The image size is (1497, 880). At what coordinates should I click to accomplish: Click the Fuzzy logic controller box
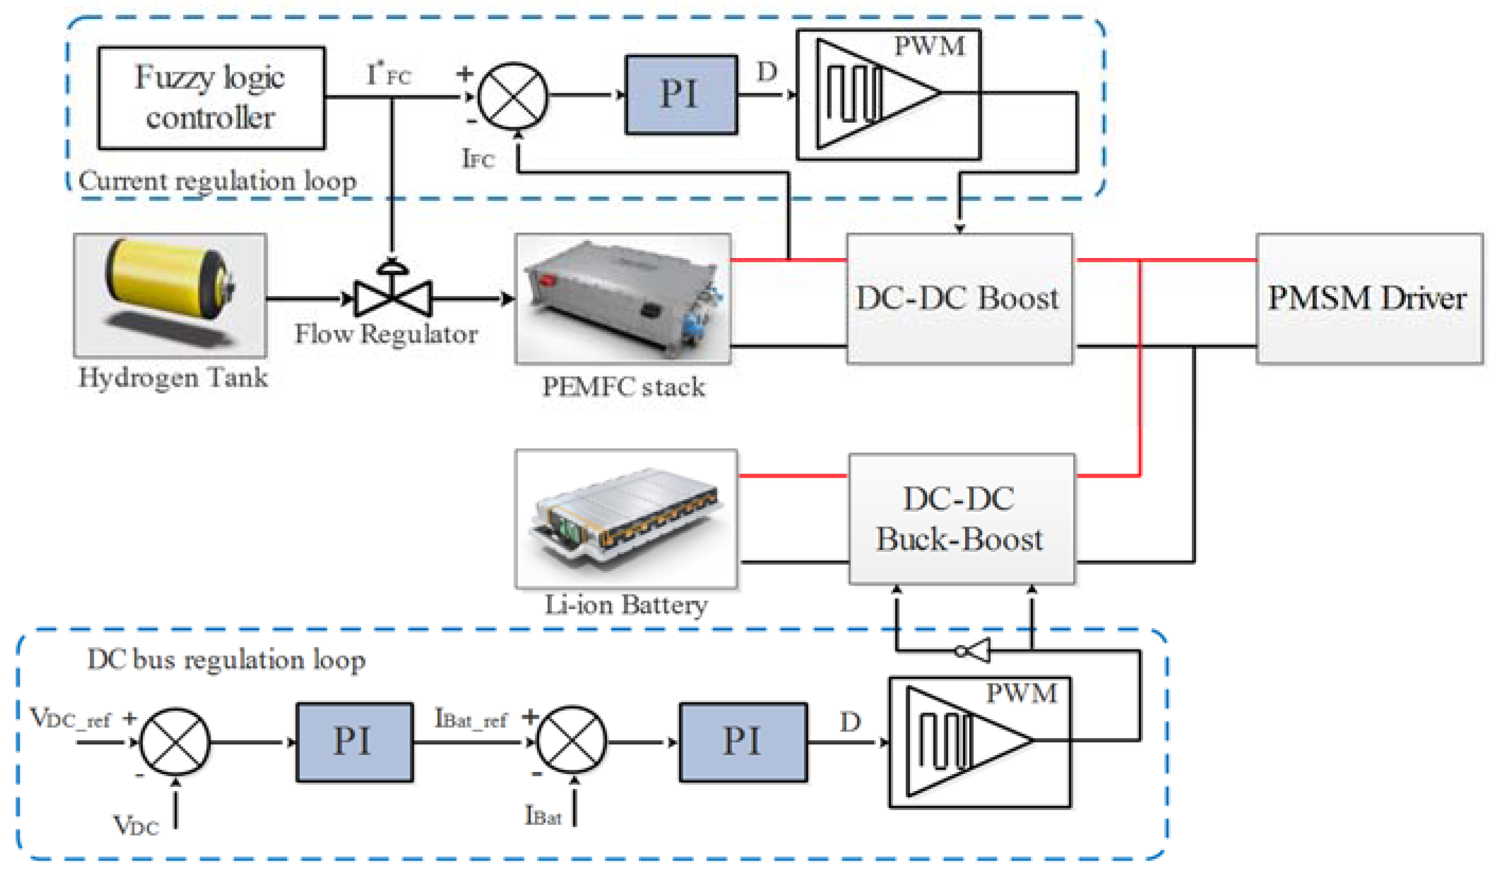[211, 98]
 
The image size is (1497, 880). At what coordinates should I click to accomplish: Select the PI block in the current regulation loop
[681, 95]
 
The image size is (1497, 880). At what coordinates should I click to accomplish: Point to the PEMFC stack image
[622, 298]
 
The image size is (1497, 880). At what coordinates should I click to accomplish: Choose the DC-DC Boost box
[959, 298]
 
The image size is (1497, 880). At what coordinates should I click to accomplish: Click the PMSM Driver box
[1369, 298]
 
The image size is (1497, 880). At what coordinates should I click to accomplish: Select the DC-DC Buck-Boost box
[961, 519]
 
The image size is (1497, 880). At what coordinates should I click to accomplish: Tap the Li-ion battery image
[626, 519]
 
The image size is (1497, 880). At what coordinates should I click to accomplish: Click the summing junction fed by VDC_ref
[175, 741]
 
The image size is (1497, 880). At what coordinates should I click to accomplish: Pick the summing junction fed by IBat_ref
[572, 741]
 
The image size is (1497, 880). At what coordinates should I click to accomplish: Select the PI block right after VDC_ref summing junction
[354, 742]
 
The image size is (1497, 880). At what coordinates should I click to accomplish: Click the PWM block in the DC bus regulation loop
[979, 742]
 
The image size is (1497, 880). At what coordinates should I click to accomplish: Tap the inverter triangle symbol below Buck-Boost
[974, 651]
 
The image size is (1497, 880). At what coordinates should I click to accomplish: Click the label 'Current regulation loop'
[217, 181]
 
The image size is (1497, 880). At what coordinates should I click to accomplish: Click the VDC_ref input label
[70, 718]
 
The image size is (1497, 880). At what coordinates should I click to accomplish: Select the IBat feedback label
[543, 815]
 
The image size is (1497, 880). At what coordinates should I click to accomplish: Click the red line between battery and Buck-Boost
[792, 475]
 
